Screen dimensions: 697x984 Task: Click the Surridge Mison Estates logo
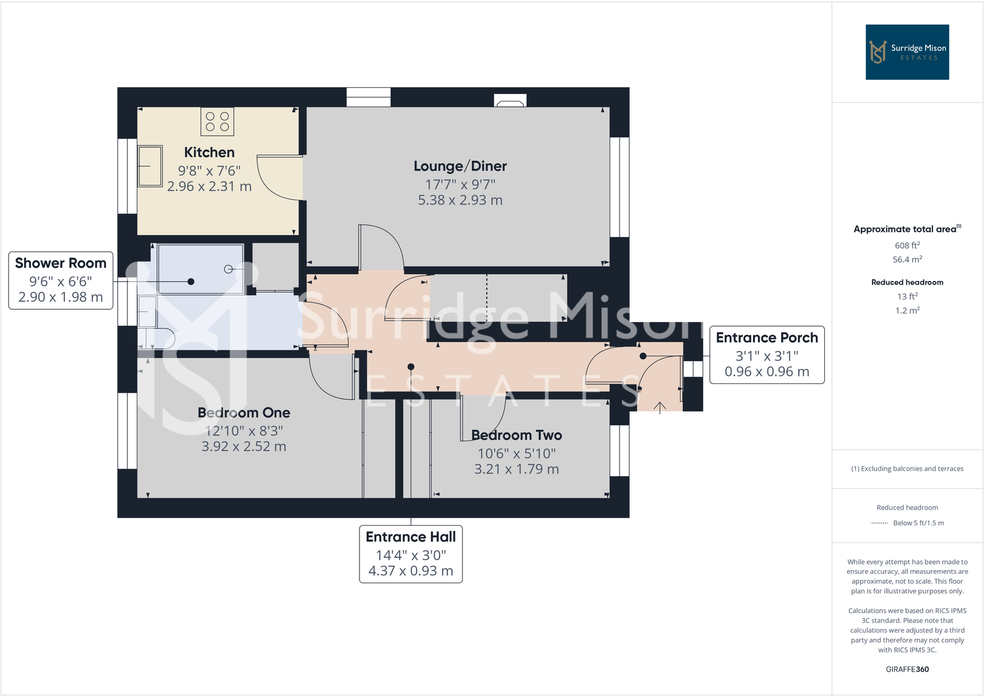tap(907, 52)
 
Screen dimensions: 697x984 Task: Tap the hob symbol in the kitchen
tap(217, 121)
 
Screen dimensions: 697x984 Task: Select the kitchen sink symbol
tap(150, 166)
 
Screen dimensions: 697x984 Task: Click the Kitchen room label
tap(209, 152)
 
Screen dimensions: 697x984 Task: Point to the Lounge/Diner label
tap(460, 166)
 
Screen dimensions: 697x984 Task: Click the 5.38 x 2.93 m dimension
tap(460, 200)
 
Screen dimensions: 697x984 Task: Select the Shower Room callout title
tap(61, 263)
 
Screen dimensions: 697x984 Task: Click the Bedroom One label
tap(244, 413)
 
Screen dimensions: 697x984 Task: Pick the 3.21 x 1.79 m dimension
tap(516, 469)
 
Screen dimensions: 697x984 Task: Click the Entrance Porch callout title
tap(766, 338)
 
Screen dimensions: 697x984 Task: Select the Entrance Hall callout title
tap(410, 537)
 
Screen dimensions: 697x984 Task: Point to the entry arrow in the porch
tap(660, 408)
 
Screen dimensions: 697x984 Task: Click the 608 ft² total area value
tap(907, 246)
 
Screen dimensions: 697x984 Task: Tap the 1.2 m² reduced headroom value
tap(907, 310)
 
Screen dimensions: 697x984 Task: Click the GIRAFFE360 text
tap(907, 669)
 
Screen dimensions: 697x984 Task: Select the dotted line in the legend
tap(879, 523)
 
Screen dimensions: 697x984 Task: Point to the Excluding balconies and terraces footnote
tap(907, 469)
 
